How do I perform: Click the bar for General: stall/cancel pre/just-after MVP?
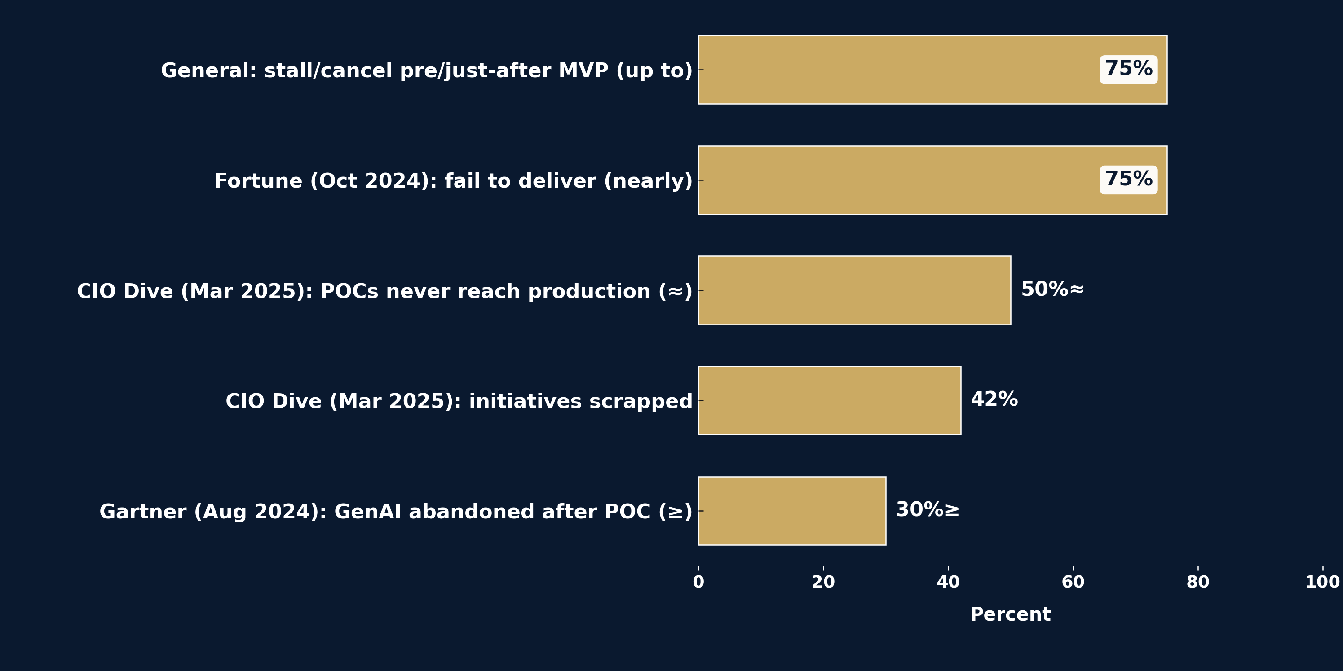[897, 70]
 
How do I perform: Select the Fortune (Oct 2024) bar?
[897, 180]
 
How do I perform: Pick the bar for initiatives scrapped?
[830, 401]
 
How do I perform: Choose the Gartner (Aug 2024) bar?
[792, 511]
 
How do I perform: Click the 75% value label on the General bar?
[1129, 69]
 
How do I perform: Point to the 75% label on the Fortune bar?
[1129, 180]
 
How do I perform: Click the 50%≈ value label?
[1052, 289]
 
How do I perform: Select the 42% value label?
[994, 399]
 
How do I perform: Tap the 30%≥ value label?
[928, 510]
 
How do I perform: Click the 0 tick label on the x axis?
[698, 583]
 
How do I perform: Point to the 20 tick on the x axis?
[823, 583]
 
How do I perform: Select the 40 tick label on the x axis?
[948, 583]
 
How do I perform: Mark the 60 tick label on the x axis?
[1073, 583]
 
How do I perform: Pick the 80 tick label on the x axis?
[1197, 583]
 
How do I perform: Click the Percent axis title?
[1010, 615]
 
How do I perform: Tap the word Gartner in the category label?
[143, 512]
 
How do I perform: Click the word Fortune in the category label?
[258, 181]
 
